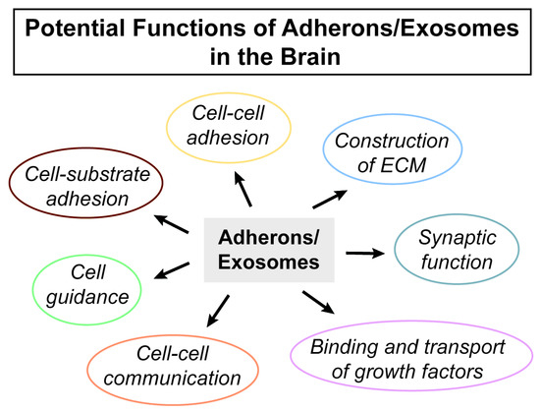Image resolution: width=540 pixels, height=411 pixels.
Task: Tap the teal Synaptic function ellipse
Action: point(450,250)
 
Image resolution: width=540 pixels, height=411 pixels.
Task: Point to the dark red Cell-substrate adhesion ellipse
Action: point(78,188)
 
